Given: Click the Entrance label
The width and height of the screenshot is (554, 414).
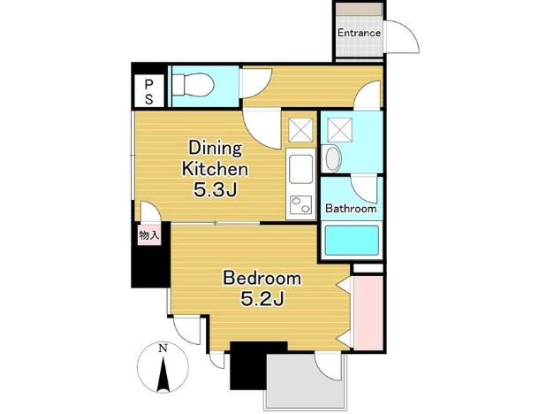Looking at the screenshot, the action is [x=359, y=33].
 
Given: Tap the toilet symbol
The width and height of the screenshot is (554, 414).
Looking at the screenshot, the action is [x=194, y=85].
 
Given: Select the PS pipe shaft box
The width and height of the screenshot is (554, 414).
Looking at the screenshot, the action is [x=149, y=91].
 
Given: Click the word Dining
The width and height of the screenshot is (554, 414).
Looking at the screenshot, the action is [x=216, y=148].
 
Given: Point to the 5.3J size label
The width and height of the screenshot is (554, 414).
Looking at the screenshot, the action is [x=215, y=190].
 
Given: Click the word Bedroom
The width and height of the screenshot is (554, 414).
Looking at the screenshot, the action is [x=262, y=278].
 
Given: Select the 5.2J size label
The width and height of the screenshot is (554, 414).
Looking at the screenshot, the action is [x=262, y=300].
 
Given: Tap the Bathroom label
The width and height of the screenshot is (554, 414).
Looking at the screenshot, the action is [x=351, y=209].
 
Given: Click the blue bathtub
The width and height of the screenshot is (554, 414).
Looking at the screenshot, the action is [x=352, y=241].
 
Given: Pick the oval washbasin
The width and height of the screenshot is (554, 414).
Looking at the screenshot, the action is [x=333, y=159].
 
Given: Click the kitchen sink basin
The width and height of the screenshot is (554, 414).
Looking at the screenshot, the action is [x=301, y=169].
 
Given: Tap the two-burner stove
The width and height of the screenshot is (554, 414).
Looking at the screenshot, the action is [x=301, y=205].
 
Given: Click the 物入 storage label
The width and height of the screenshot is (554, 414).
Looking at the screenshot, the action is [x=149, y=235].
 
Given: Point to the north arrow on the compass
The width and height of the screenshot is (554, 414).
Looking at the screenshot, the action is [x=163, y=375].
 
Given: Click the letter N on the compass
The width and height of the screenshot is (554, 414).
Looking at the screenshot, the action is [x=163, y=349].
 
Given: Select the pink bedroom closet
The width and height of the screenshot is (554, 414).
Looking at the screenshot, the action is [x=368, y=312].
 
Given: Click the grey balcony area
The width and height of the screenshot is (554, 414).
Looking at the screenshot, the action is [x=305, y=380].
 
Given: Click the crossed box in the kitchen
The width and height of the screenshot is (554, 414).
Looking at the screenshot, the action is [x=300, y=130].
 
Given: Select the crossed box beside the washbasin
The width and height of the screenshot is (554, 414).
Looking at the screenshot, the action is [x=339, y=130].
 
